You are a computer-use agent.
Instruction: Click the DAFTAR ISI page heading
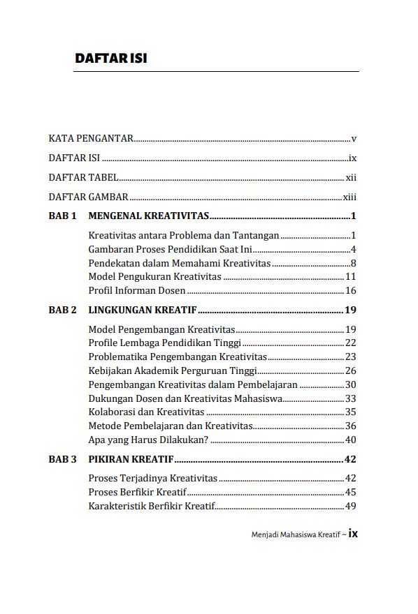click(x=110, y=59)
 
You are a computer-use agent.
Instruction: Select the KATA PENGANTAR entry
click(x=92, y=139)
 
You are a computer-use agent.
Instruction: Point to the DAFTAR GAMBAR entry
click(x=88, y=197)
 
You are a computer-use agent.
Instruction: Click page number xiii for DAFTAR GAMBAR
click(x=349, y=197)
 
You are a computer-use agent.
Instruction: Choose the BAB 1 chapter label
click(x=62, y=216)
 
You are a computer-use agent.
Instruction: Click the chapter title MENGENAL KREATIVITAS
click(x=149, y=216)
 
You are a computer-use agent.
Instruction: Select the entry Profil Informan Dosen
click(x=138, y=290)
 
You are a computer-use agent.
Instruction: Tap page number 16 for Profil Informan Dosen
click(x=351, y=290)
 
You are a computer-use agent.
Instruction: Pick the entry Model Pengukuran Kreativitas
click(x=155, y=277)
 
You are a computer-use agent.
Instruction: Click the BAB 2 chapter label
click(x=62, y=310)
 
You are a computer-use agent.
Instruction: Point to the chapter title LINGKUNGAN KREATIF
click(x=143, y=310)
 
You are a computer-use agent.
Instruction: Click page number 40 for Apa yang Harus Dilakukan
click(x=351, y=440)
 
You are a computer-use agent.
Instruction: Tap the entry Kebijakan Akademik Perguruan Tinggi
click(x=173, y=370)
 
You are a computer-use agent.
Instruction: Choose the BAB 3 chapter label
click(x=62, y=459)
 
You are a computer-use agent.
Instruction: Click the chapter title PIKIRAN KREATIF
click(x=131, y=459)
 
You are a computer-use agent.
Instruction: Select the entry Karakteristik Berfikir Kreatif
click(x=152, y=506)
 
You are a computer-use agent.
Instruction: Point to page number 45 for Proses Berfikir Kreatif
click(x=351, y=492)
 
